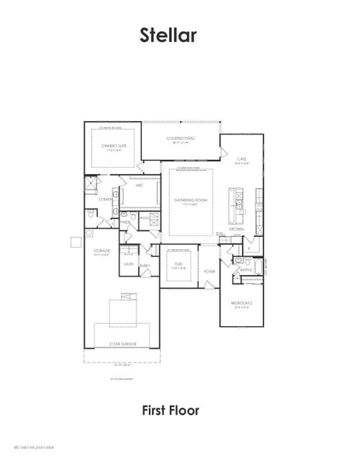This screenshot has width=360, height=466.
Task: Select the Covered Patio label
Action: (x=181, y=138)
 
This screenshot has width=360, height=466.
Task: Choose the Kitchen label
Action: (x=237, y=230)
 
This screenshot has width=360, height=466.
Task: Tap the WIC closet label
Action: (x=139, y=186)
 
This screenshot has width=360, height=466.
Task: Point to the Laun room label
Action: (x=128, y=264)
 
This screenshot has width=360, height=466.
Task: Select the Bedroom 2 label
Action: (x=240, y=303)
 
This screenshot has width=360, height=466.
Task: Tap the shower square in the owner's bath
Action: (x=91, y=184)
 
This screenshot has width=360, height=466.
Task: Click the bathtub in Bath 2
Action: (x=252, y=265)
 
